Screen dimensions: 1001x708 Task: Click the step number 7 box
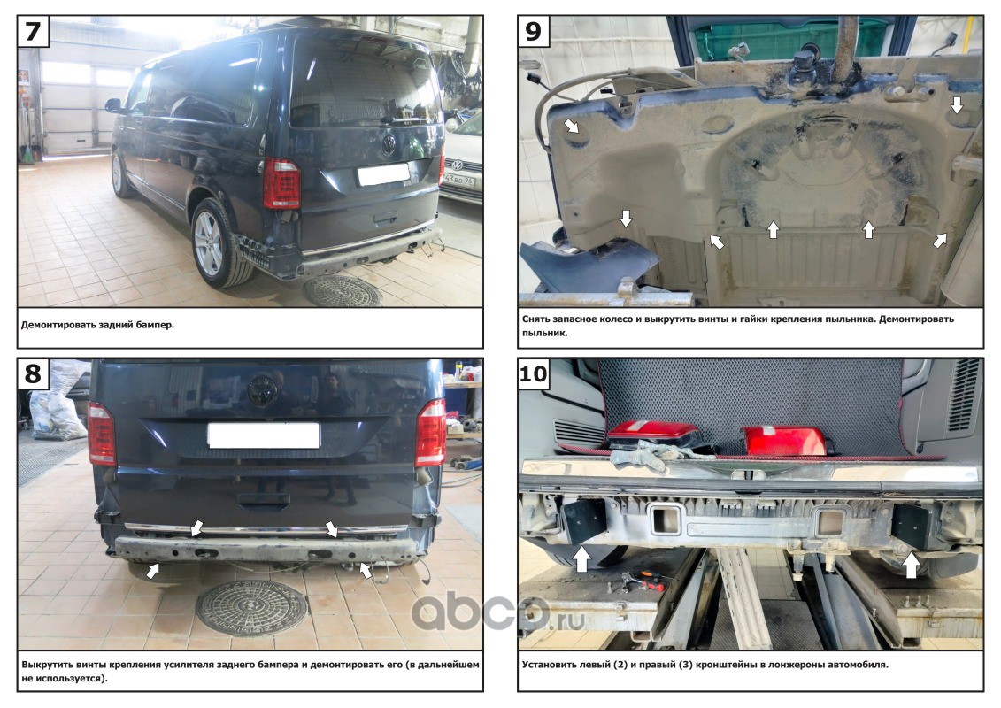[x=32, y=31]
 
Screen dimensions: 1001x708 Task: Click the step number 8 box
[x=33, y=373]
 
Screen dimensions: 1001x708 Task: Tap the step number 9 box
[x=533, y=31]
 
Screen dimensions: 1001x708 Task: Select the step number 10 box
[x=534, y=373]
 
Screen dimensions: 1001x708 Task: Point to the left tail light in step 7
[x=281, y=183]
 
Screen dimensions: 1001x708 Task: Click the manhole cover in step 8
[x=251, y=607]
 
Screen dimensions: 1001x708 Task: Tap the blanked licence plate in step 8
[x=264, y=435]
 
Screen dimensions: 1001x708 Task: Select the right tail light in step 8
[x=431, y=432]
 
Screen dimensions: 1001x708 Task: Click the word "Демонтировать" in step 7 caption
[x=59, y=325]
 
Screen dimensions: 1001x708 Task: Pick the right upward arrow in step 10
[x=911, y=565]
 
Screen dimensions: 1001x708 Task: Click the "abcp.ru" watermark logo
[x=497, y=611]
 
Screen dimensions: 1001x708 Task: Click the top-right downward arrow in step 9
[x=957, y=104]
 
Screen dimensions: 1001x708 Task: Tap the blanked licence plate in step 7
[x=383, y=174]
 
